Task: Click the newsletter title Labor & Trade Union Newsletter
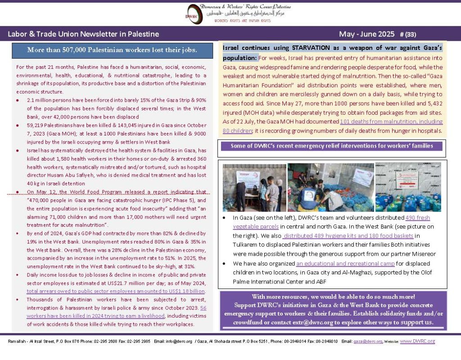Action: (x=83, y=34)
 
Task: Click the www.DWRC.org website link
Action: (x=418, y=341)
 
